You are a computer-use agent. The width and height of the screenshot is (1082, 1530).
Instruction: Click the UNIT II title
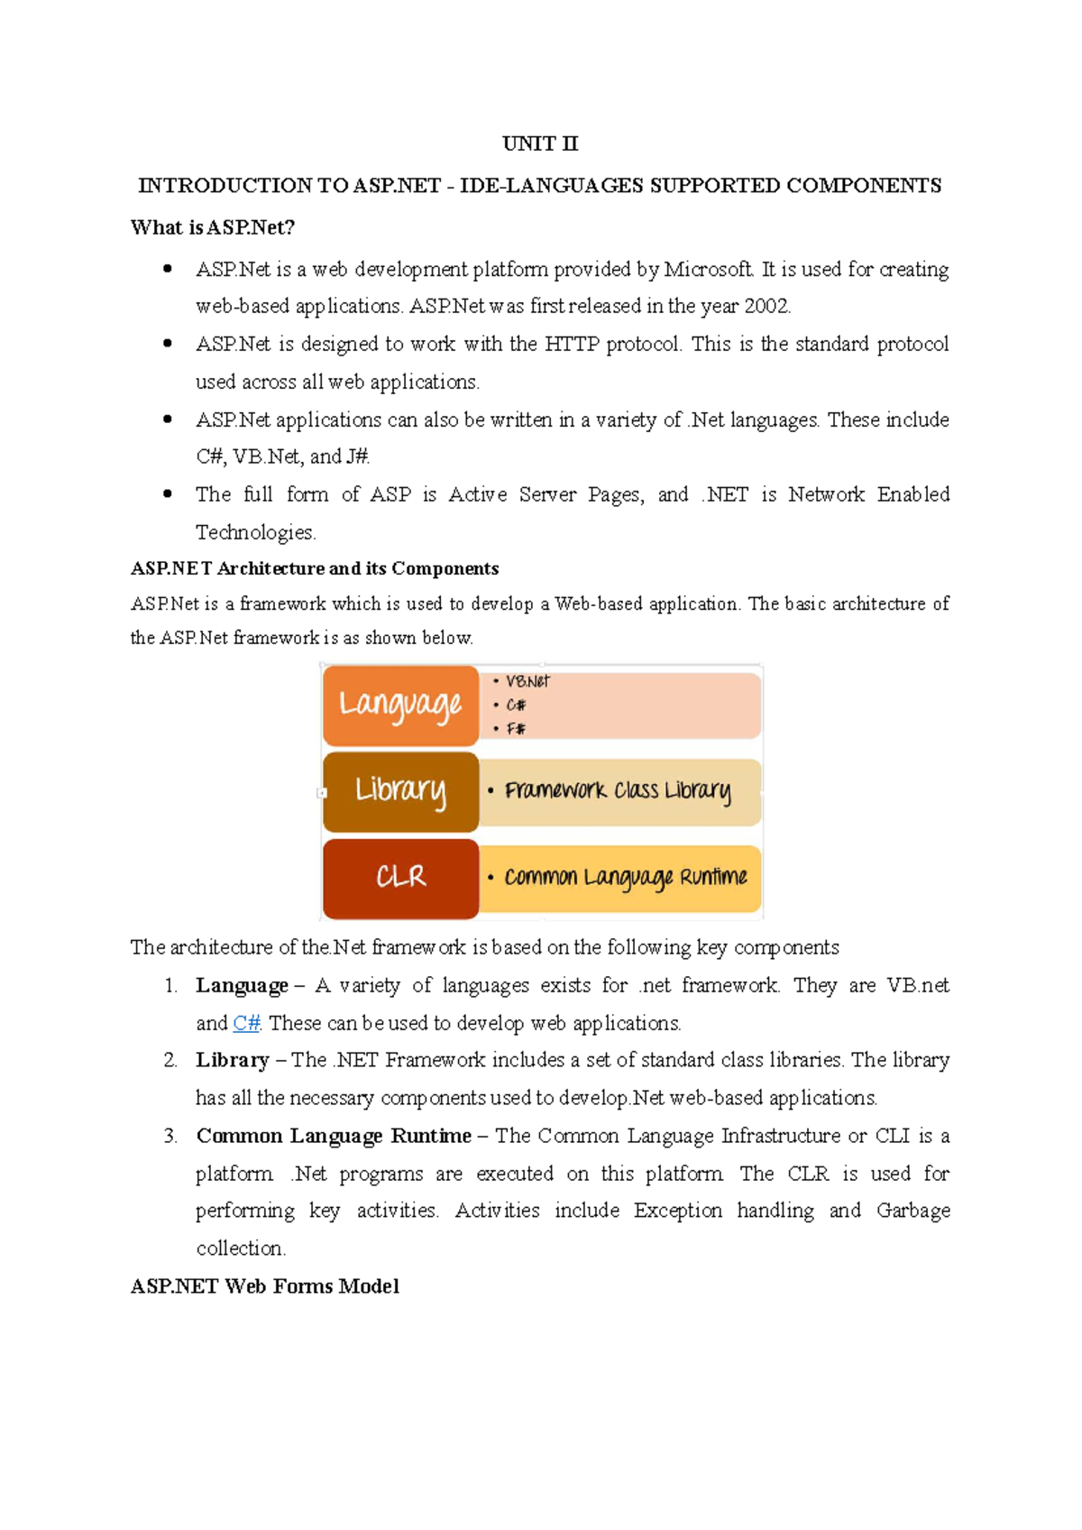click(539, 143)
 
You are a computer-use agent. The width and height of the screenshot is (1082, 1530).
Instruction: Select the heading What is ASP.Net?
click(213, 227)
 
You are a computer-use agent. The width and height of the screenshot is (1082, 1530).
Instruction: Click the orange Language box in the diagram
click(400, 705)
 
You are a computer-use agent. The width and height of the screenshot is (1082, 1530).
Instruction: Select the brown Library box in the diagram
click(400, 791)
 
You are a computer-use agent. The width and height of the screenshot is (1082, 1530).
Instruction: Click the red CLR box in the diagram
click(400, 877)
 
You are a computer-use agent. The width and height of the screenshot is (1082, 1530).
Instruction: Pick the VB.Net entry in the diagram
click(527, 682)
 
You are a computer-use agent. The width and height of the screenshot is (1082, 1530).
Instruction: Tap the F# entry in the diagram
click(516, 728)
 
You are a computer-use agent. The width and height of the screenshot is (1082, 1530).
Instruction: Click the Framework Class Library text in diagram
click(618, 791)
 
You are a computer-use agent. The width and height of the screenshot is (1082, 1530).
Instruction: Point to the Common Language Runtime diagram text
click(625, 877)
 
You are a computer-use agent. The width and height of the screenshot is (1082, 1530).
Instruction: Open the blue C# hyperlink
click(246, 1023)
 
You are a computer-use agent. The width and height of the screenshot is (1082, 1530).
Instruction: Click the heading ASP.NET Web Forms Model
click(264, 1286)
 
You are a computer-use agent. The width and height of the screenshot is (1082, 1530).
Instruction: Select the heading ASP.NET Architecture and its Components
click(315, 568)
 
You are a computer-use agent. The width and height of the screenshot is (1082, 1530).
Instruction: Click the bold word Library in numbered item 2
click(233, 1060)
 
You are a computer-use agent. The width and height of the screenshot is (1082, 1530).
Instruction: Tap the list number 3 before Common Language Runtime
click(170, 1136)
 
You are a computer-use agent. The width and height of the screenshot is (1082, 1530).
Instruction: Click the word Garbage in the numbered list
click(912, 1211)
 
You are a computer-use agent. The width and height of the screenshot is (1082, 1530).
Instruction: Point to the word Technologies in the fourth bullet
click(255, 532)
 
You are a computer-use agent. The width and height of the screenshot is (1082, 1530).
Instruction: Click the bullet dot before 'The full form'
click(168, 493)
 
